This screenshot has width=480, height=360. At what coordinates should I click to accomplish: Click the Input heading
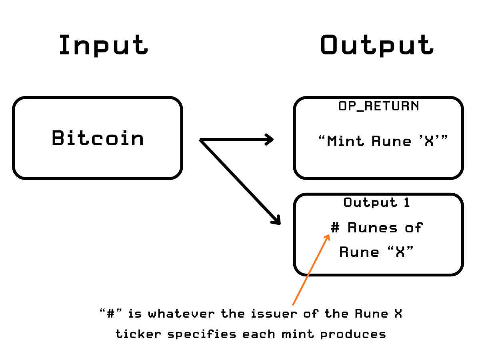click(103, 45)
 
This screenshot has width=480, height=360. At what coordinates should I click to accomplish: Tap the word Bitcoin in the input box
click(98, 138)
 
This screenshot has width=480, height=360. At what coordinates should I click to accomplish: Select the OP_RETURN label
click(378, 106)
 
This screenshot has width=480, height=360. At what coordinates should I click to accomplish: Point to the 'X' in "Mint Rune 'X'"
click(429, 141)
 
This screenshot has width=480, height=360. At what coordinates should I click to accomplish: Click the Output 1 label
click(376, 202)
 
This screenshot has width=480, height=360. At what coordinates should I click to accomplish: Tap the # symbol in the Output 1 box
click(335, 228)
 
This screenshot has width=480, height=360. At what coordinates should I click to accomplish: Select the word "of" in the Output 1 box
click(414, 228)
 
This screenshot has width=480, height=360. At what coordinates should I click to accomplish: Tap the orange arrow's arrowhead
click(327, 237)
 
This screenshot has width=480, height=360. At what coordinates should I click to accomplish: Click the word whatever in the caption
click(182, 314)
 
